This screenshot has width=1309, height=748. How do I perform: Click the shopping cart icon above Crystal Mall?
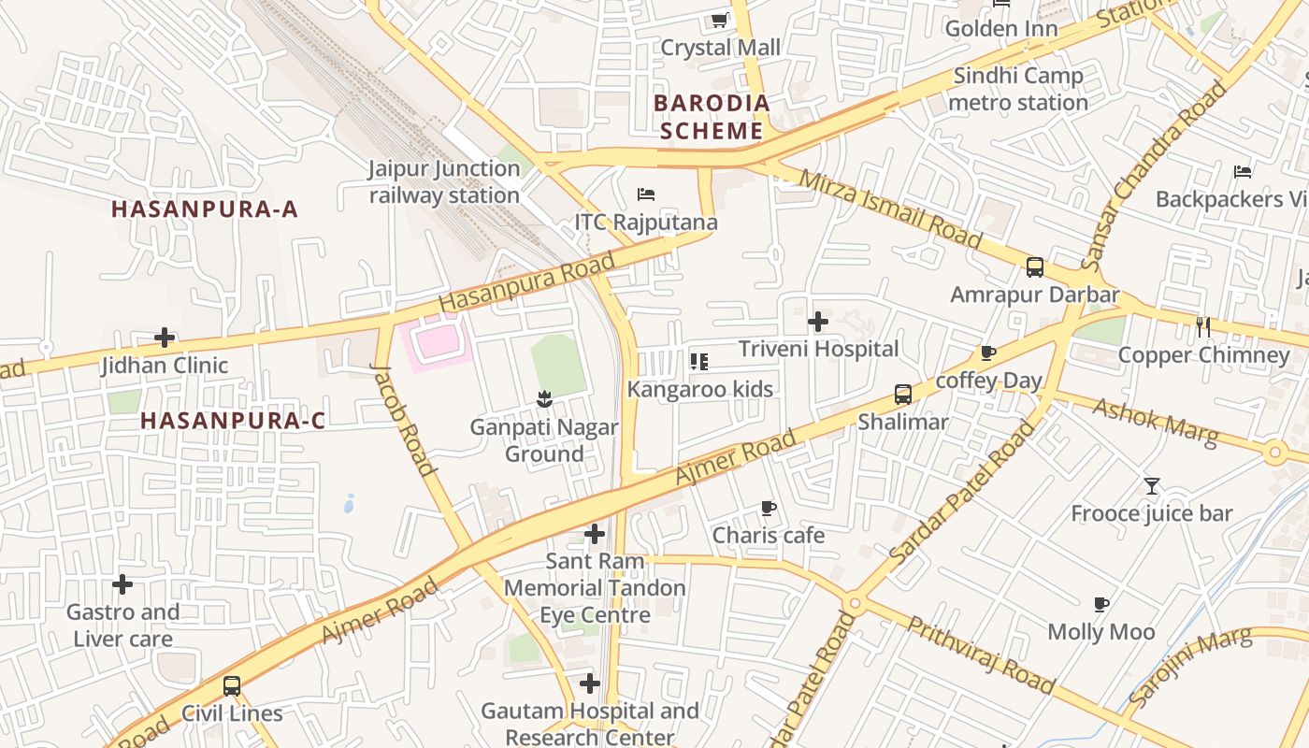[719, 20]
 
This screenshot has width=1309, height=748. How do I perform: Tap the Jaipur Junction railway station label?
[443, 182]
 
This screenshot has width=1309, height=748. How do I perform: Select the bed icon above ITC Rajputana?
[646, 194]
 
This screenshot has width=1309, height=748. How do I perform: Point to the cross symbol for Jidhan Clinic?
[165, 338]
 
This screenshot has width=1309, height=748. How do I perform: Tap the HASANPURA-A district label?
[205, 209]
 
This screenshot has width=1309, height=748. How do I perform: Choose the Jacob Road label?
[403, 418]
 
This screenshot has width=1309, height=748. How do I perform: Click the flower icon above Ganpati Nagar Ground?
[543, 400]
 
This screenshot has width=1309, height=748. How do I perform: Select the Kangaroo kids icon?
[698, 361]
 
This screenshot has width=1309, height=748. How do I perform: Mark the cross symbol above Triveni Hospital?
[818, 322]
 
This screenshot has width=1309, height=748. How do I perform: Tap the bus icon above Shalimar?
[902, 395]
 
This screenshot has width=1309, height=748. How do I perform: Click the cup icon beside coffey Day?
[987, 352]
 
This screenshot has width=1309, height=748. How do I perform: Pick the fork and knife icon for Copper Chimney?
[1203, 327]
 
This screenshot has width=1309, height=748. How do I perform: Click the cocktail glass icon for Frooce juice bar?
[1151, 486]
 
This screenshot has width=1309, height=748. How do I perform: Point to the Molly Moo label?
[1100, 632]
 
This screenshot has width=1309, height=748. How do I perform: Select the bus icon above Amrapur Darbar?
[1034, 267]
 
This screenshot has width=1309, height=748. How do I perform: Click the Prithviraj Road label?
[982, 654]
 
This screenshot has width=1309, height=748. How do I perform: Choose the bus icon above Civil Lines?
[231, 686]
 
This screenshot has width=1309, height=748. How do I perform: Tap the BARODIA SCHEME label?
[712, 117]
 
